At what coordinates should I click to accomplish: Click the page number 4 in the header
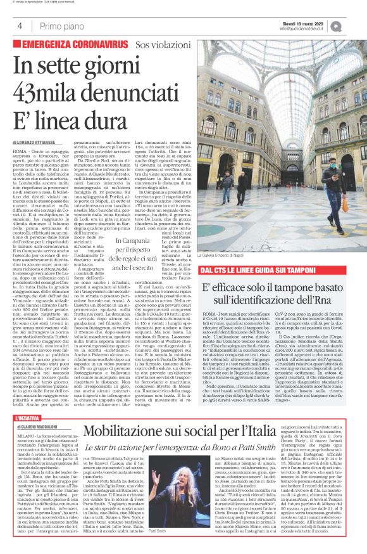(20, 26)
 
